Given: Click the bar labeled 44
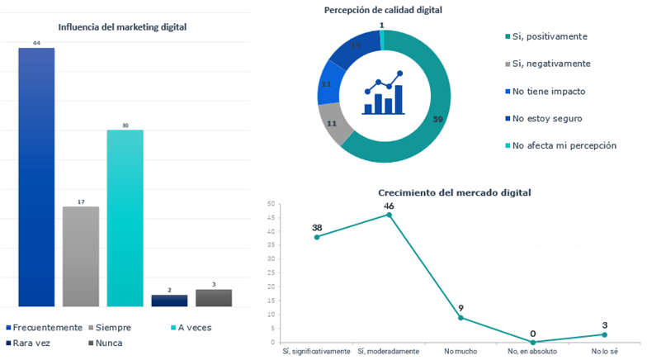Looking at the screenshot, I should tap(36, 177).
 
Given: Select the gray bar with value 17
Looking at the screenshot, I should tap(81, 256).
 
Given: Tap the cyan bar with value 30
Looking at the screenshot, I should tap(125, 218).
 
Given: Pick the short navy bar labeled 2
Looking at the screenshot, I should tap(169, 301).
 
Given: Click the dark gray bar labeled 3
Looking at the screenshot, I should tap(214, 297).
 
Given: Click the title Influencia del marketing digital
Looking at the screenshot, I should tap(122, 27).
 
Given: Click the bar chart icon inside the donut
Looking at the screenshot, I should tap(383, 93).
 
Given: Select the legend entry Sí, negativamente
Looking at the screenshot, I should tap(550, 64).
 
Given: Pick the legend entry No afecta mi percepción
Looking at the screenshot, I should tap(564, 145).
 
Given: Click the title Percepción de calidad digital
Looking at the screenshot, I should tap(382, 10).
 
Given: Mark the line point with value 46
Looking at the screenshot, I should tap(389, 215).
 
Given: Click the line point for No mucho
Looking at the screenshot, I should tap(460, 318).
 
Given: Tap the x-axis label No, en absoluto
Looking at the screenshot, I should tap(532, 351).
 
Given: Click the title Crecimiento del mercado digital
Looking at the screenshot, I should tap(449, 192).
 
